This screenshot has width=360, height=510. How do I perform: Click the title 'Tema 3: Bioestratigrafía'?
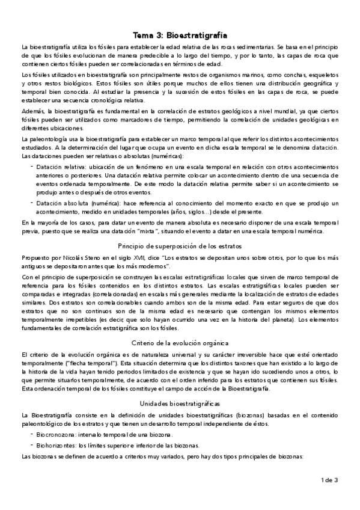click(180, 35)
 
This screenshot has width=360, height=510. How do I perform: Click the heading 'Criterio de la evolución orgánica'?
click(180, 342)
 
